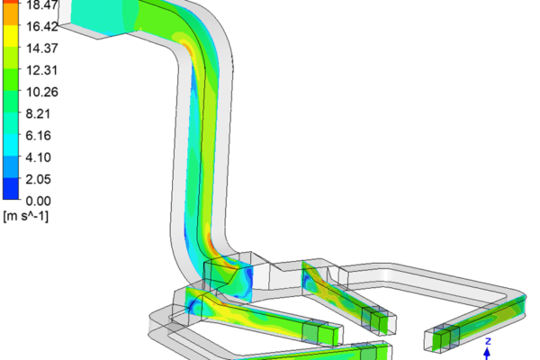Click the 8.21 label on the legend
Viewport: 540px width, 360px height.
(38, 113)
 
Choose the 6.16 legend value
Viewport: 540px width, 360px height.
(38, 136)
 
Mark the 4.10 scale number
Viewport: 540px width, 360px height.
(38, 157)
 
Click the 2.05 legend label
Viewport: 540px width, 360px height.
(38, 179)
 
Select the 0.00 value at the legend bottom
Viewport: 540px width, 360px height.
(38, 201)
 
